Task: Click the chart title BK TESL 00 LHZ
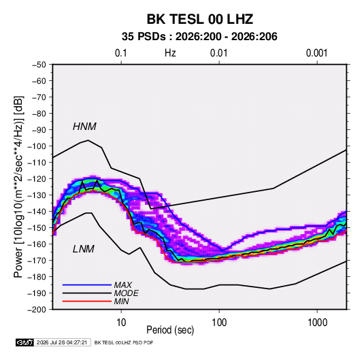pos(199,19)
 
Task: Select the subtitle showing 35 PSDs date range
pos(199,37)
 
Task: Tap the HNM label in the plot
pos(84,127)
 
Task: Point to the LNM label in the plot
pos(84,249)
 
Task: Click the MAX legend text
pos(122,285)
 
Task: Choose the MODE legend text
pos(126,293)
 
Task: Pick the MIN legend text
pos(121,301)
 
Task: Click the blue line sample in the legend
pos(87,285)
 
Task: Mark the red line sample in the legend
pos(87,301)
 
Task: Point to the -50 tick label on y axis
pos(39,65)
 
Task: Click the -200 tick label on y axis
pos(37,310)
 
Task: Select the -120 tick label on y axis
pos(37,179)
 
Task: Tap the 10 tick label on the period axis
pos(121,323)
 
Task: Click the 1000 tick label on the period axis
pos(317,323)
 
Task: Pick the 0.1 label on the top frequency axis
pos(121,53)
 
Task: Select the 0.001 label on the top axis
pos(316,53)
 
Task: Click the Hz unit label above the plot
pos(170,53)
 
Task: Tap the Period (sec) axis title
pos(170,330)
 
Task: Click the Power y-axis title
pos(18,186)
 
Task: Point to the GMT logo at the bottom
pos(25,342)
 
